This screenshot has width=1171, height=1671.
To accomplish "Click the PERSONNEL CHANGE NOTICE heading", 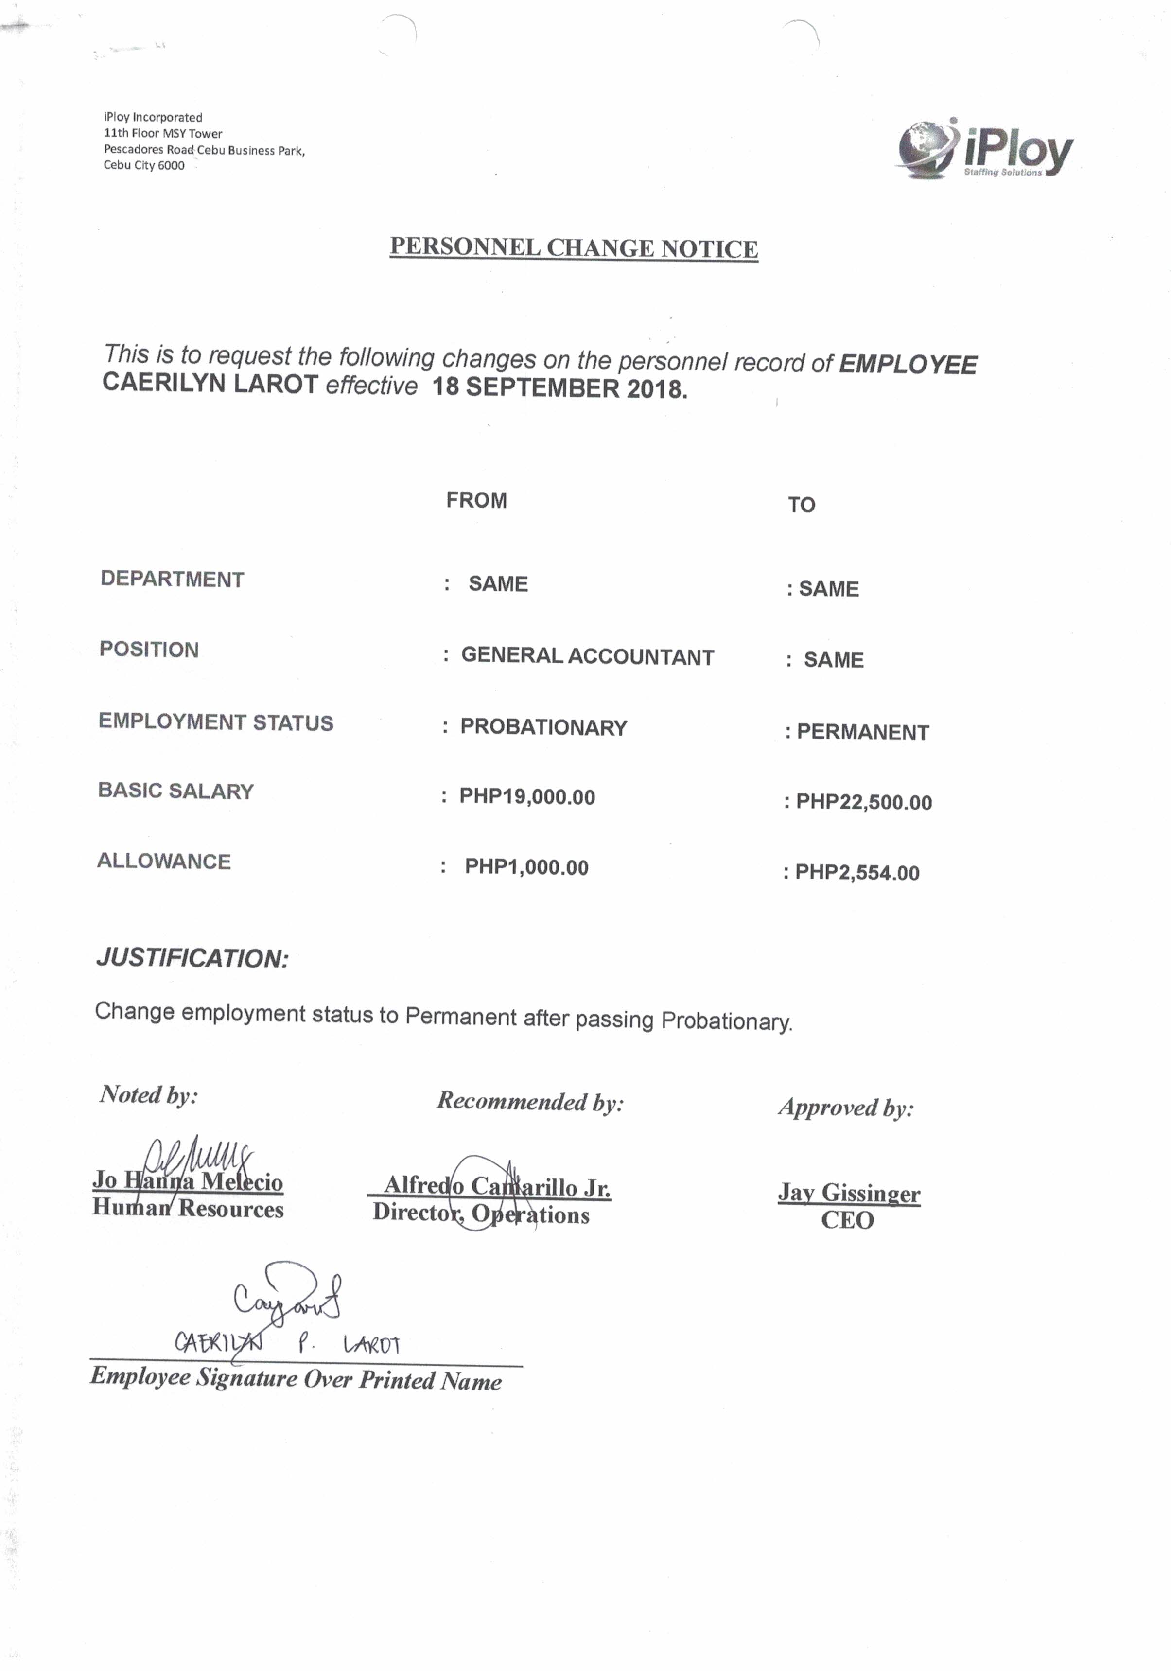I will pos(574,247).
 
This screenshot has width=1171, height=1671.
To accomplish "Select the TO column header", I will pos(801,504).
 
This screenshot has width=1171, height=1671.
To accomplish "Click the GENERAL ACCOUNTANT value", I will pos(587,656).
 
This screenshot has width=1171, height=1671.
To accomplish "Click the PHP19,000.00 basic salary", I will pos(527,797).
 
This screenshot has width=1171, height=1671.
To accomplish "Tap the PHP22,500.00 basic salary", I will pos(863,802).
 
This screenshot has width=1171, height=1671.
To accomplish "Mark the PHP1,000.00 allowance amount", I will pos(526,867).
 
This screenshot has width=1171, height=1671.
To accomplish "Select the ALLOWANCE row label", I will pos(164,861).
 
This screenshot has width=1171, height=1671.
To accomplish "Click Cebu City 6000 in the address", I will pos(143,165).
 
